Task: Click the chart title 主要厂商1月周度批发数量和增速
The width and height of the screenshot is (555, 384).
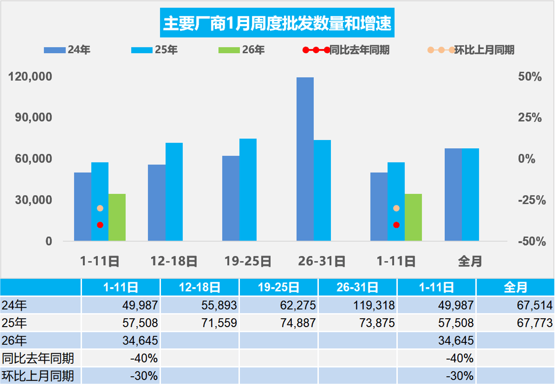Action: pyautogui.click(x=277, y=24)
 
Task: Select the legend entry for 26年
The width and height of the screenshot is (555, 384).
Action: pyautogui.click(x=242, y=50)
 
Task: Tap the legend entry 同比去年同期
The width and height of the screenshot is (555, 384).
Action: pyautogui.click(x=347, y=50)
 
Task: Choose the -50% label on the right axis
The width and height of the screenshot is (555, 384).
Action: pyautogui.click(x=529, y=241)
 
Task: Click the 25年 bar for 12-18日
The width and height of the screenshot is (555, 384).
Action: pyautogui.click(x=174, y=192)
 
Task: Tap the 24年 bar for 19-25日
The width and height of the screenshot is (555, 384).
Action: pyautogui.click(x=231, y=198)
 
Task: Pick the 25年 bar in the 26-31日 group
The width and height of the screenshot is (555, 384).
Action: pyautogui.click(x=322, y=190)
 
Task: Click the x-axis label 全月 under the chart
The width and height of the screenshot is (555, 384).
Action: pyautogui.click(x=470, y=261)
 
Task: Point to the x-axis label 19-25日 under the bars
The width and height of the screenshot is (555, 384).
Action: pyautogui.click(x=248, y=261)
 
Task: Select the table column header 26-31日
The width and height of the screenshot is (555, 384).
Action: pyautogui.click(x=358, y=287)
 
